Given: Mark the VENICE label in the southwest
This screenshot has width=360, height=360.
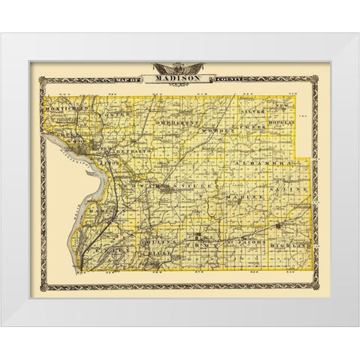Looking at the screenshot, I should pos(106,244).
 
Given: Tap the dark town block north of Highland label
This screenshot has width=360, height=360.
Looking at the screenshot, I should pos(278,225).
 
